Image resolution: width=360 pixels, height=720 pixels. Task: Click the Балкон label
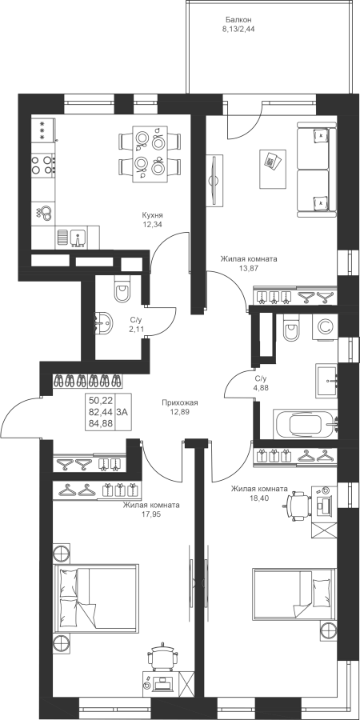click(238, 20)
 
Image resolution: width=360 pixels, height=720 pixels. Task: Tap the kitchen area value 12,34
click(153, 225)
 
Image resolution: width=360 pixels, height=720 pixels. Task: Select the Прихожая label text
click(179, 402)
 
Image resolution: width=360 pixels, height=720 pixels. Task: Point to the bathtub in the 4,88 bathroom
click(306, 424)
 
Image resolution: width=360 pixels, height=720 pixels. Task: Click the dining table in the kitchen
click(150, 154)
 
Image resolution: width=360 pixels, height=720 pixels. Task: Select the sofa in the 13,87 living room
click(317, 170)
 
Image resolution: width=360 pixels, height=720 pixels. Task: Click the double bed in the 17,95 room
click(96, 598)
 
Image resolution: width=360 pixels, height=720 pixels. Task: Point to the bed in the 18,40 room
click(294, 594)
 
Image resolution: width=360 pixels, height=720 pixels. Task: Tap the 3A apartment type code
click(122, 412)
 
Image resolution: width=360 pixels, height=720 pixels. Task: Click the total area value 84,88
click(101, 423)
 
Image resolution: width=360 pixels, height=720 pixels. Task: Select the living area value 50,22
click(101, 401)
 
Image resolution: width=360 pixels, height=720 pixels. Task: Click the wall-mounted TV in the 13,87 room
click(214, 179)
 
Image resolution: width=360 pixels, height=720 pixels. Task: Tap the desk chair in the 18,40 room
click(298, 504)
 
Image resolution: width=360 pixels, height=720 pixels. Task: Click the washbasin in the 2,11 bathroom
click(104, 323)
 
